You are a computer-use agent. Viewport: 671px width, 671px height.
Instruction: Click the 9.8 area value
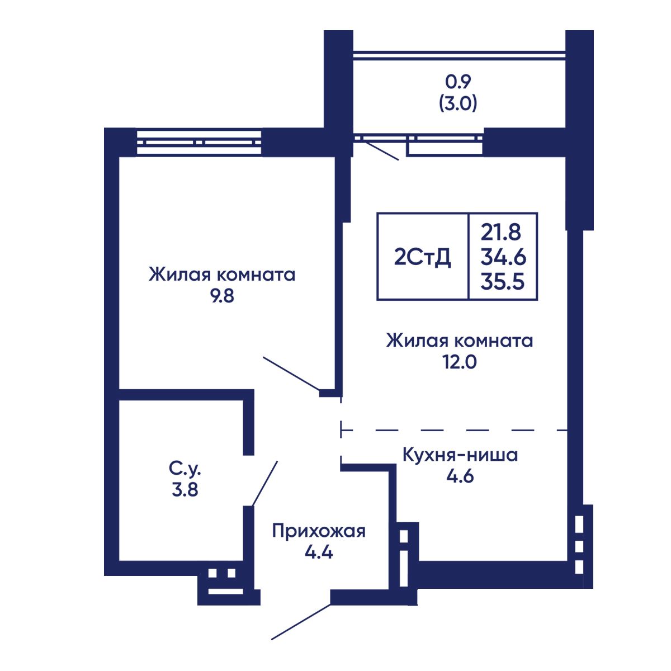(223, 296)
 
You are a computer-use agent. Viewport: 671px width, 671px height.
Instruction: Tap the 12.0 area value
(459, 362)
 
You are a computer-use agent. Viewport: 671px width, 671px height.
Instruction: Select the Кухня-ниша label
(460, 455)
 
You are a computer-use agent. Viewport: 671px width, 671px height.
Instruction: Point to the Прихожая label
(319, 532)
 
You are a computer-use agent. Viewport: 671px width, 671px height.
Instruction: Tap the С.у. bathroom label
(185, 470)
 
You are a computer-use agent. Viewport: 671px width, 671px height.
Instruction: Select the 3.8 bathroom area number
(185, 490)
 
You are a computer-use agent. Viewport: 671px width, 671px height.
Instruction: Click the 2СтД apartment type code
(422, 258)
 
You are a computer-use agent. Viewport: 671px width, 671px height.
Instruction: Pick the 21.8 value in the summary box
(500, 232)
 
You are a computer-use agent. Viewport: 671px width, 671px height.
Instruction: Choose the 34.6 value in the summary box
(503, 257)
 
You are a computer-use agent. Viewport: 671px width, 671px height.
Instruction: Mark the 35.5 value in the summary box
(502, 281)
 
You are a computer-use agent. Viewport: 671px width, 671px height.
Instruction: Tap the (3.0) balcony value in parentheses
(458, 103)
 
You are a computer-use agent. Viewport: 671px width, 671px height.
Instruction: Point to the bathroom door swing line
(264, 483)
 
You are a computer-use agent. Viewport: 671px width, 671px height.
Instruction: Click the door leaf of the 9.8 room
(291, 374)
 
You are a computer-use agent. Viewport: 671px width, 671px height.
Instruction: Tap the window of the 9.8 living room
(199, 143)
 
